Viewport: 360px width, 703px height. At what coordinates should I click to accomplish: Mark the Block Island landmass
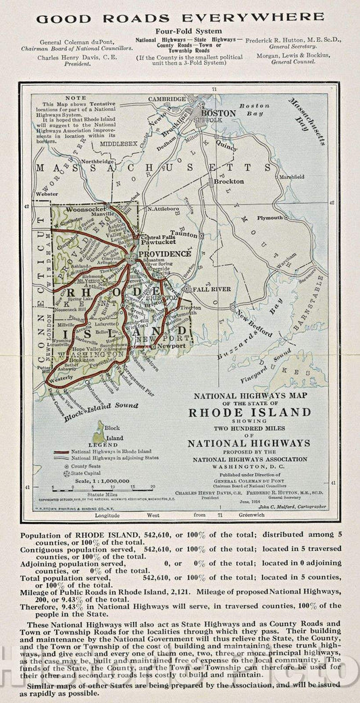point(100,429)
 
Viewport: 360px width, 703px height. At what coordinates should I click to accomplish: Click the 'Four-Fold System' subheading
point(180,31)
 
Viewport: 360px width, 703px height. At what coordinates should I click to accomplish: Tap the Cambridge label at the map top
point(168,99)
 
